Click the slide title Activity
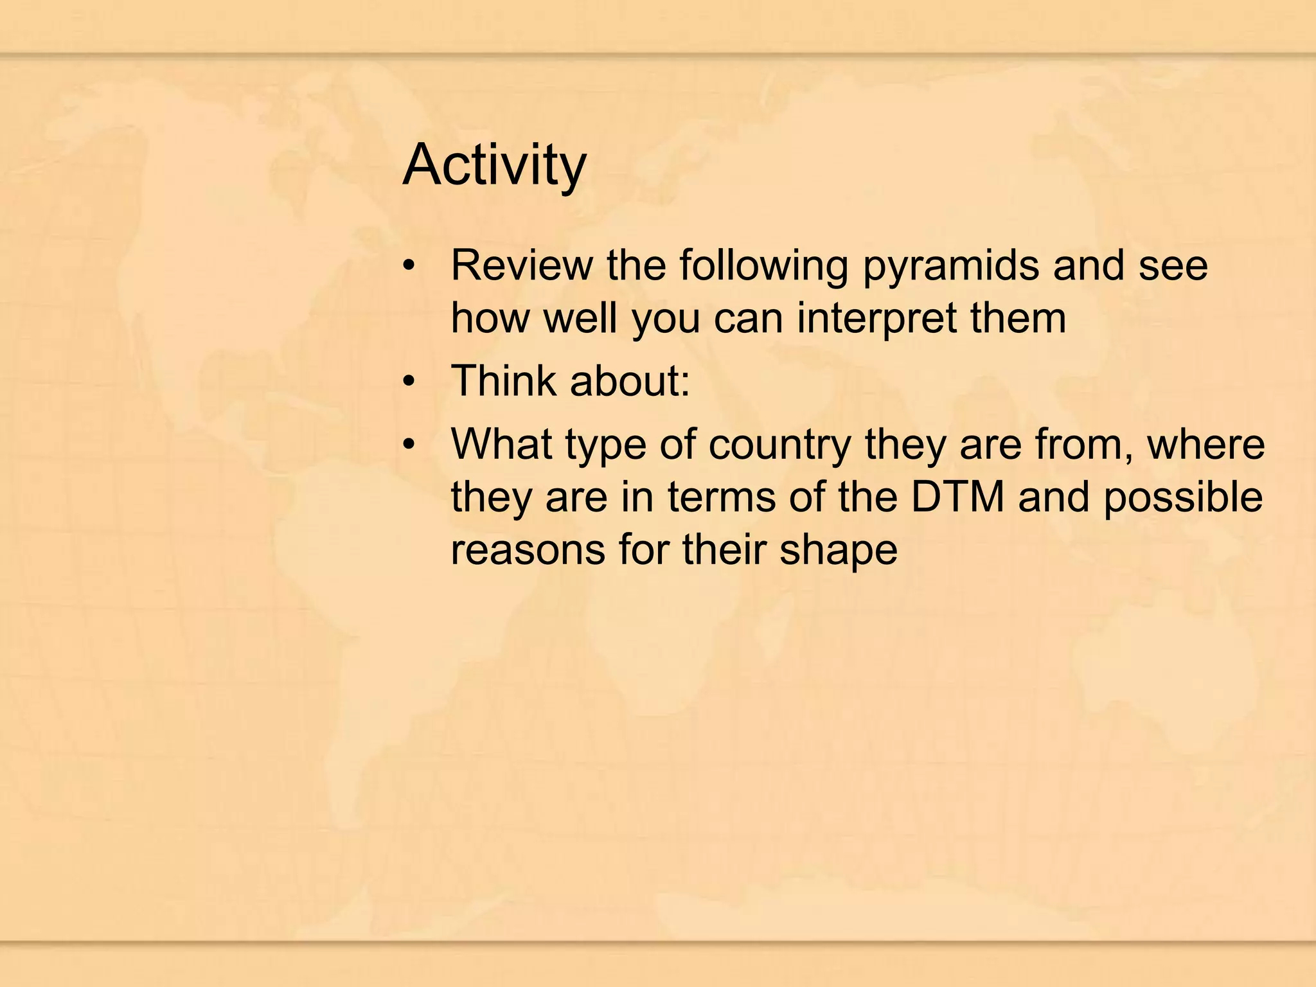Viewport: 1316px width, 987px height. pyautogui.click(x=494, y=166)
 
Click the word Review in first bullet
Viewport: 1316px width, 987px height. pyautogui.click(x=522, y=265)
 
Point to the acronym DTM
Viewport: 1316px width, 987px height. pyautogui.click(x=957, y=497)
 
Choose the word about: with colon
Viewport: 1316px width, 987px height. pyautogui.click(x=629, y=380)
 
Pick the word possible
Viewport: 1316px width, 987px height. pyautogui.click(x=1183, y=497)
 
